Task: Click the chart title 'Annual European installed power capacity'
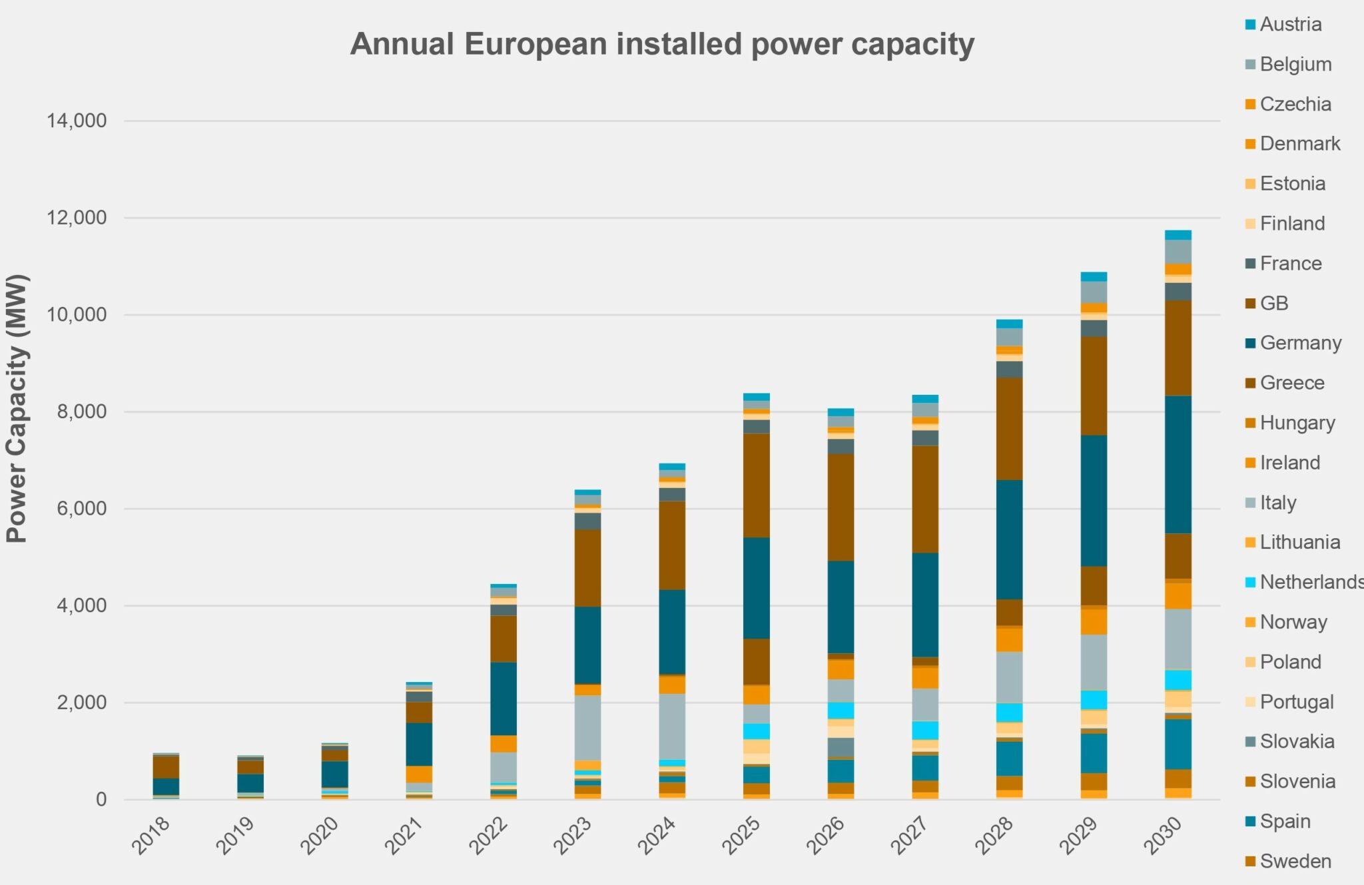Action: coord(662,45)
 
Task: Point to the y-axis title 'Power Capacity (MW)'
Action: coord(17,408)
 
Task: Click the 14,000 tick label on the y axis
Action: coord(77,121)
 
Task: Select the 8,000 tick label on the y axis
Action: coord(81,412)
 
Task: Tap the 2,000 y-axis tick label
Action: coord(81,703)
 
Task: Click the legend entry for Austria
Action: coord(1290,25)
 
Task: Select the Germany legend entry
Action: coord(1300,343)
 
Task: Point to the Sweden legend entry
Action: coord(1295,861)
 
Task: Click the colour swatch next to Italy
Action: coord(1250,503)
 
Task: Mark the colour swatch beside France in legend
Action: coord(1250,264)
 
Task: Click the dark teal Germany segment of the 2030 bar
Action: coord(1178,464)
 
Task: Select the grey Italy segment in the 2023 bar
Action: coord(587,727)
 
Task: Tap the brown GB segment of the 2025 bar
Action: coord(756,485)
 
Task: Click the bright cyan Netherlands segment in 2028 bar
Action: coord(1009,713)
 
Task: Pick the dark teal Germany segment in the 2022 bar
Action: coord(503,698)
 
